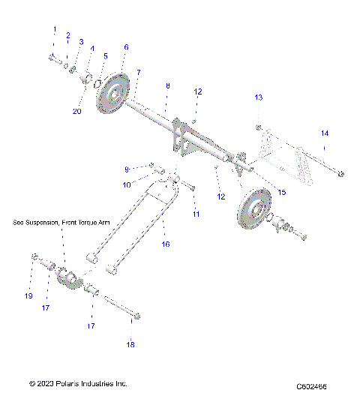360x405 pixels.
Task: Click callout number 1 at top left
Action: coord(54,29)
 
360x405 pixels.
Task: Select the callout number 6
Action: coord(126,46)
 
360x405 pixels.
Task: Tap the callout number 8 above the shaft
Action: coord(166,87)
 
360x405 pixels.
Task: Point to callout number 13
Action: coord(259,98)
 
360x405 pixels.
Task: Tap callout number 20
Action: coord(76,111)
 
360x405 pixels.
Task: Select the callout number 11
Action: coord(196,214)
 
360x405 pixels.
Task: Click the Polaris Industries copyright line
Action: coord(78,383)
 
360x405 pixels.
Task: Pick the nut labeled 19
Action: coord(34,258)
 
